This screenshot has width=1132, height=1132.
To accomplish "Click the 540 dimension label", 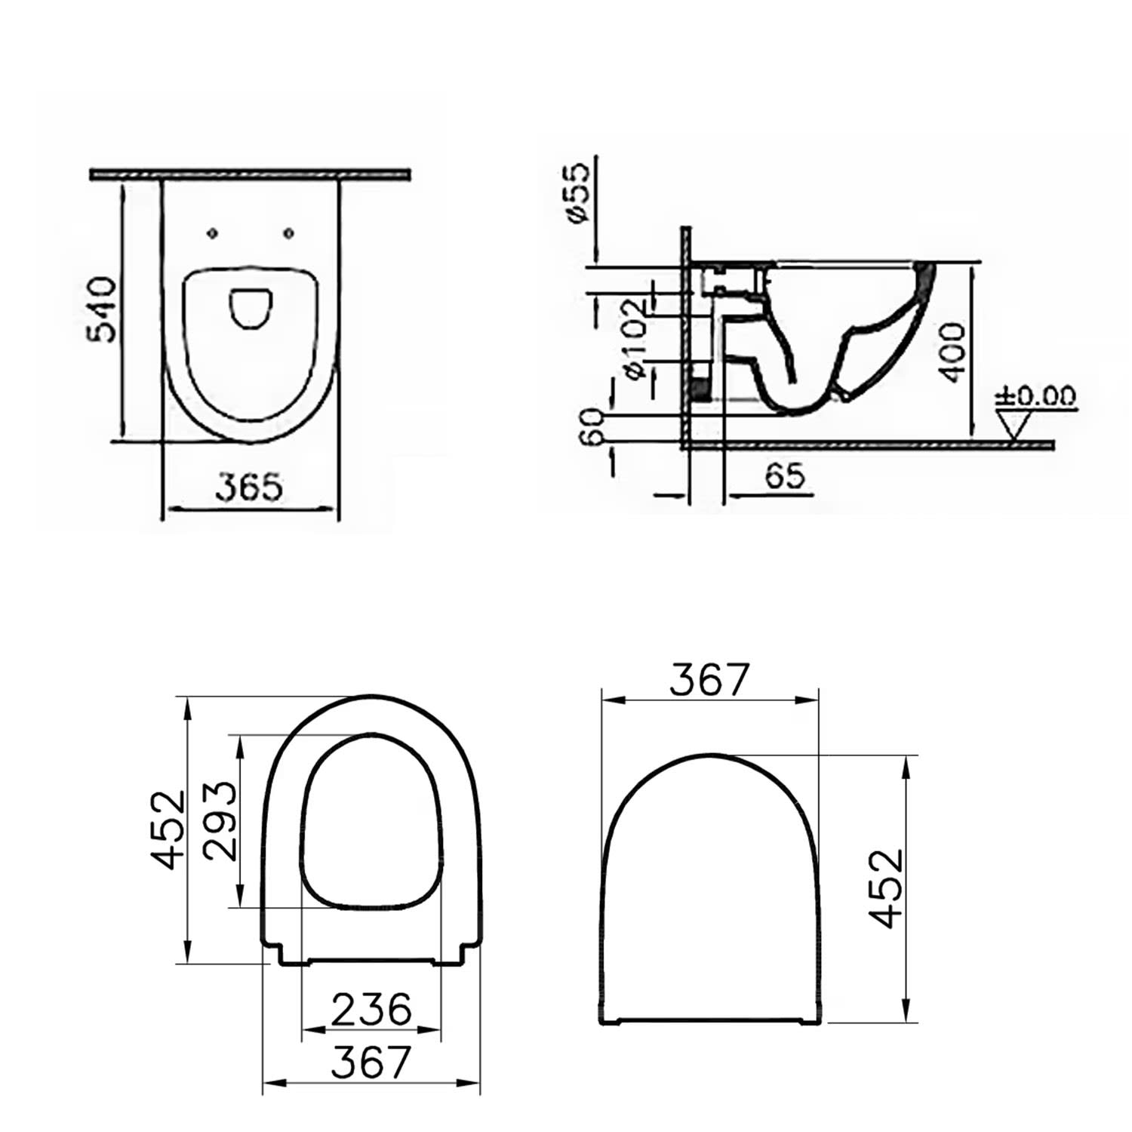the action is [x=102, y=309].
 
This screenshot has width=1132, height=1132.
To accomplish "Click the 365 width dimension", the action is [x=249, y=487].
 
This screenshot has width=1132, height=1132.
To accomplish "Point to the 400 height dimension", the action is [x=953, y=352].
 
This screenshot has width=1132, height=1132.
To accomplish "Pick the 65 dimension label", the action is [x=785, y=476].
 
